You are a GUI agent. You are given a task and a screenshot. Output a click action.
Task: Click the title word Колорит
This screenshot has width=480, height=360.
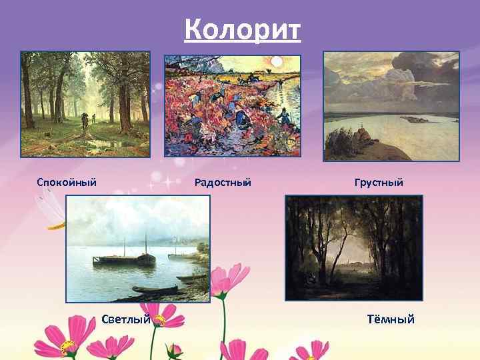tap(243, 29)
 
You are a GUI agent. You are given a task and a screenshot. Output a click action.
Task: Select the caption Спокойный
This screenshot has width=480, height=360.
tap(67, 182)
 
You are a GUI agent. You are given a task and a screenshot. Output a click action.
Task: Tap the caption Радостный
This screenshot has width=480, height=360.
tap(223, 182)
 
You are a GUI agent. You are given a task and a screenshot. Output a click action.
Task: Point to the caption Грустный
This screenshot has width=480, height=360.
tap(379, 182)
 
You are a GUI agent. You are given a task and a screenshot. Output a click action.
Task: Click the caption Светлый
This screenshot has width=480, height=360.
tap(125, 319)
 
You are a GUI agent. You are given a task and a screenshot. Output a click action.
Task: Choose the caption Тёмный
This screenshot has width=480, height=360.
tap(391, 319)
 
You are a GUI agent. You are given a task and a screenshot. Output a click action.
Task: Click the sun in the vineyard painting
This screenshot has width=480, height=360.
tap(275, 62)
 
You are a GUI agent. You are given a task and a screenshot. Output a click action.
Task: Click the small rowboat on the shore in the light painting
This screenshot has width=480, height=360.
tap(153, 289)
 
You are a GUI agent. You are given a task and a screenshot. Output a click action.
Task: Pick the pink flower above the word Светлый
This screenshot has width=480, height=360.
tap(163, 313)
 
